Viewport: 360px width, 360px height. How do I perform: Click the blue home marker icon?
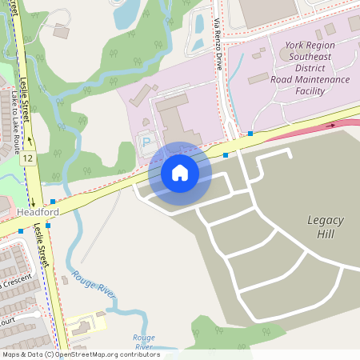tap(180, 172)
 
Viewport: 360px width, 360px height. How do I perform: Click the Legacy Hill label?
tap(325, 226)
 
